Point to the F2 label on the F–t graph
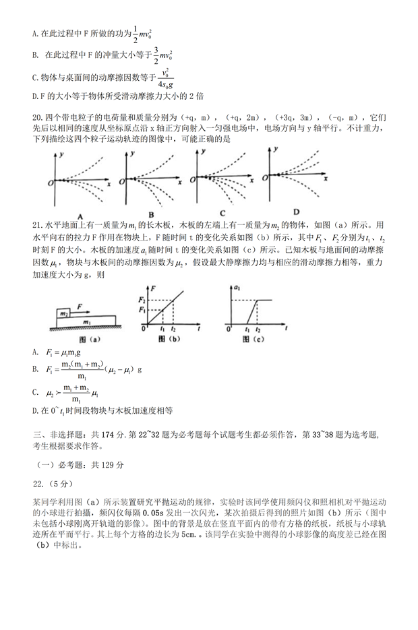click(x=142, y=298)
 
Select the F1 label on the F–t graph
click(x=142, y=308)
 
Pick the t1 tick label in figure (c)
click(x=248, y=331)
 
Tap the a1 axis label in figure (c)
click(x=237, y=288)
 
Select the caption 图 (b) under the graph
click(x=171, y=340)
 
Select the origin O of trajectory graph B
click(x=121, y=182)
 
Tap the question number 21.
click(x=38, y=224)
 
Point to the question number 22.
click(x=39, y=483)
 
